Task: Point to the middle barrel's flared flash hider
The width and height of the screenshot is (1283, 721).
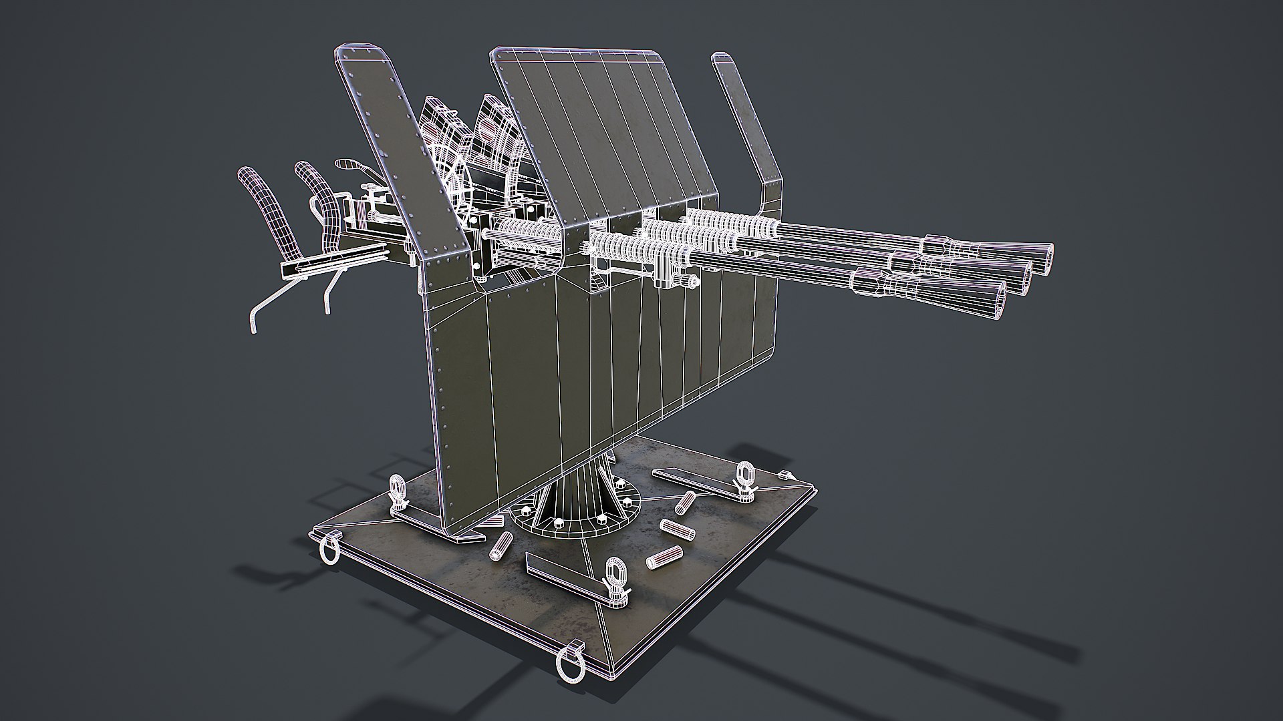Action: [996, 271]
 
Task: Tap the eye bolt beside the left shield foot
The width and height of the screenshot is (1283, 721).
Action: [399, 488]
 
